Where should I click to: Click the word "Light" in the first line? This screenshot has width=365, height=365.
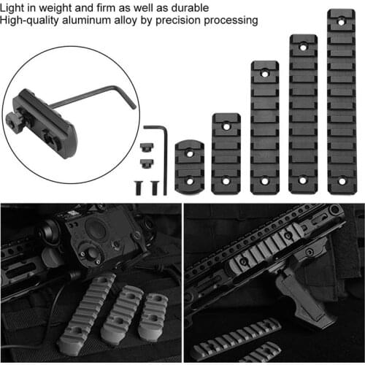(x=15, y=7)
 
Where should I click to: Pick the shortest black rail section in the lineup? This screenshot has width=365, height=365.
(x=189, y=166)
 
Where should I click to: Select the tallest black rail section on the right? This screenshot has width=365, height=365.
(x=342, y=102)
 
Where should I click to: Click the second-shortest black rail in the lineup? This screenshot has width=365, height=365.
(x=226, y=153)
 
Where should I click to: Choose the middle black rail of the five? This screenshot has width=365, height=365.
(x=264, y=128)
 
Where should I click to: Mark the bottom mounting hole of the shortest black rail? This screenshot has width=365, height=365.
(x=189, y=180)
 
